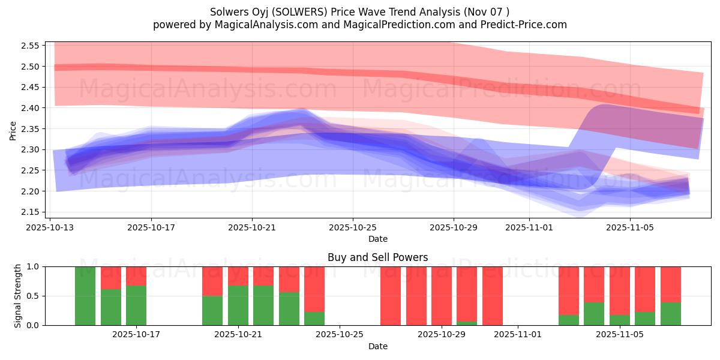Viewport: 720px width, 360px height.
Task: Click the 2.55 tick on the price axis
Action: (31, 46)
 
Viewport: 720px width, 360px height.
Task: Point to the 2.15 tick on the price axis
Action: (31, 212)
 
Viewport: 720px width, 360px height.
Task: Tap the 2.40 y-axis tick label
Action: (31, 108)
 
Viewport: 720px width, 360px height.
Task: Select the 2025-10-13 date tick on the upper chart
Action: (50, 227)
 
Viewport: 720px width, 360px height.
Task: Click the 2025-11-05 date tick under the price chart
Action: (630, 227)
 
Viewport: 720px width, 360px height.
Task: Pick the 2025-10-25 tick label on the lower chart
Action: (340, 335)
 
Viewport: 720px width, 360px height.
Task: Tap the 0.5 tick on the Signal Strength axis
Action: (34, 296)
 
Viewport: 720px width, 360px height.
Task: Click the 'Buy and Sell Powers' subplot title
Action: (377, 257)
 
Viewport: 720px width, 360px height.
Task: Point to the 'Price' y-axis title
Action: (13, 130)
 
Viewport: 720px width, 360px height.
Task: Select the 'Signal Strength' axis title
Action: (18, 296)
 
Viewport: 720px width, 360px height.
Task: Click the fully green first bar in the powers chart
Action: (85, 296)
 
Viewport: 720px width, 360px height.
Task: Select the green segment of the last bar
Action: (671, 313)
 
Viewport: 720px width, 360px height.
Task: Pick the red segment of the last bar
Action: (671, 284)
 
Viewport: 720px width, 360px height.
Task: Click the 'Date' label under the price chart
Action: (377, 239)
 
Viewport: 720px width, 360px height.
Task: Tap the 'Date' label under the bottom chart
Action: (377, 346)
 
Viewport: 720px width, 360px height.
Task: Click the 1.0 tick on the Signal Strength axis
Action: (34, 266)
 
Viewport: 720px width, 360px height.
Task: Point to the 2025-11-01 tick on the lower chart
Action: (517, 335)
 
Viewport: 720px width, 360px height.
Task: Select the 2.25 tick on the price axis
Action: (31, 170)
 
